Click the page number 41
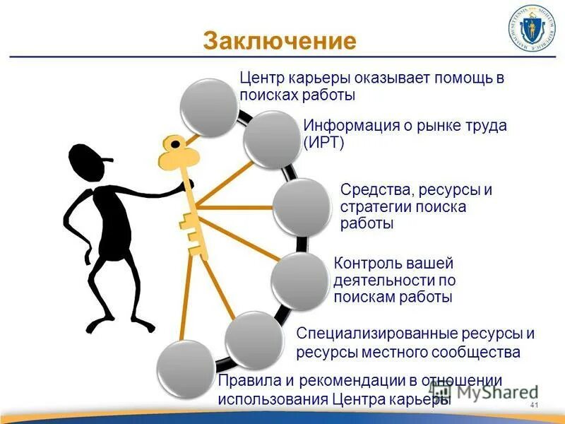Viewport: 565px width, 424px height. [534, 405]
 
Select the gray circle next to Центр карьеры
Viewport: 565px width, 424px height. [208, 108]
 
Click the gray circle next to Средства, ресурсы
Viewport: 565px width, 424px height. [302, 207]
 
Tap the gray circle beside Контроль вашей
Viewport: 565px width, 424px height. [299, 281]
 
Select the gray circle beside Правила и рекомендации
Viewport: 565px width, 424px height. [186, 369]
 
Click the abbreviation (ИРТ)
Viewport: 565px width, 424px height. [323, 143]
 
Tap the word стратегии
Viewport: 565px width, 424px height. [373, 207]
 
